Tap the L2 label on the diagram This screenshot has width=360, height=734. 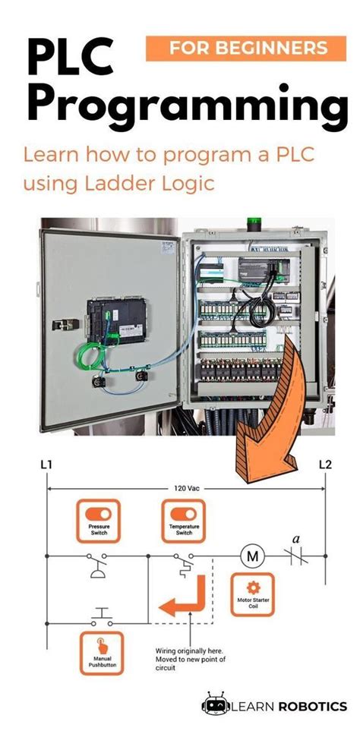(x=325, y=464)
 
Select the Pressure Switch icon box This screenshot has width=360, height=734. (x=98, y=518)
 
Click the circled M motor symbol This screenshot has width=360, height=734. (x=250, y=556)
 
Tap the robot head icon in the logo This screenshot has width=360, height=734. (x=214, y=705)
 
